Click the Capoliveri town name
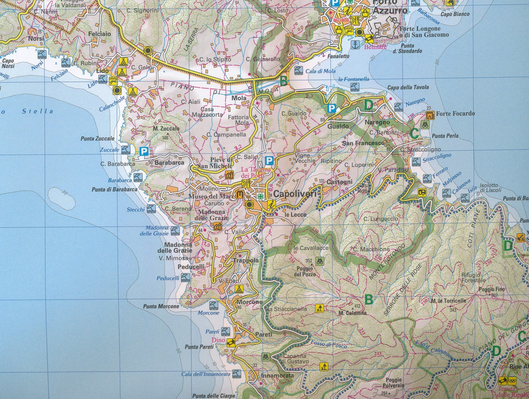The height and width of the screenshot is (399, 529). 296,194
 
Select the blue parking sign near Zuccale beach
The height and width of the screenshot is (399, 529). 144,152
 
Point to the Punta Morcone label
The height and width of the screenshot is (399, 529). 161,306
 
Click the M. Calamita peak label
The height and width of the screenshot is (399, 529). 352,313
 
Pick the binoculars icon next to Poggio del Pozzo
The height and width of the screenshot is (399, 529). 320,261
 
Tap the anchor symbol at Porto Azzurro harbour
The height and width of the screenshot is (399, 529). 355,44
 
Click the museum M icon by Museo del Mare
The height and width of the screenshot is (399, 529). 240,194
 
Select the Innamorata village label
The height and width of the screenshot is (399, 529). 277,375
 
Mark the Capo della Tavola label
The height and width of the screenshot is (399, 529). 408,87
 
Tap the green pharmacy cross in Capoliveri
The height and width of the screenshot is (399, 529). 260,197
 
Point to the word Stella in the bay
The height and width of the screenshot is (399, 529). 38,111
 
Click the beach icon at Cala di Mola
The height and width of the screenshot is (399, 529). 299,70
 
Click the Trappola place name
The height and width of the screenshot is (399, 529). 246,260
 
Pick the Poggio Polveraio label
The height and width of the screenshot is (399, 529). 393,382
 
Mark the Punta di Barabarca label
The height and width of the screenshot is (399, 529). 114,189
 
